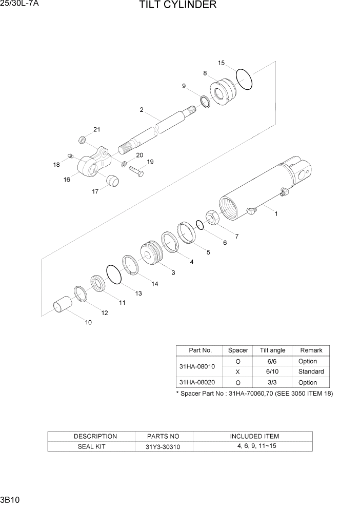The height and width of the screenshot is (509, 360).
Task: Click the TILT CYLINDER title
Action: pos(177,6)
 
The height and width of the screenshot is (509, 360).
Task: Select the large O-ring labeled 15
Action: pos(245,80)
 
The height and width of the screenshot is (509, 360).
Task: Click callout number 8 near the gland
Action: pos(205,73)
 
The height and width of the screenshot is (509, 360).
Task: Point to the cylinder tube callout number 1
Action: pos(276,214)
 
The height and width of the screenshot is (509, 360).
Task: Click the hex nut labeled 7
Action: pos(213,218)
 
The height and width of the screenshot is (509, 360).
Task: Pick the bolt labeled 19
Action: pos(136,171)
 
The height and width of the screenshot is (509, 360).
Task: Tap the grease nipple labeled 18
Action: pos(71,155)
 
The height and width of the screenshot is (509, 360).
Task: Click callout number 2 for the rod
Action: pos(141,110)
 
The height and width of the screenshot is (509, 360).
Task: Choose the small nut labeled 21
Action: pos(81,140)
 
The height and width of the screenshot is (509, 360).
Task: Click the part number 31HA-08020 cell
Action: pos(197,382)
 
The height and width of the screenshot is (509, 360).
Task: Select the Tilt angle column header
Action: pos(272,350)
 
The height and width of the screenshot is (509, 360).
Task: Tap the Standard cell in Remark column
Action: pos(311,371)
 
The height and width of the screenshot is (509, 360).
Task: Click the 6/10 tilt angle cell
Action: pos(272,371)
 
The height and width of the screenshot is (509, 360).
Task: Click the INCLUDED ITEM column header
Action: pos(254,436)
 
